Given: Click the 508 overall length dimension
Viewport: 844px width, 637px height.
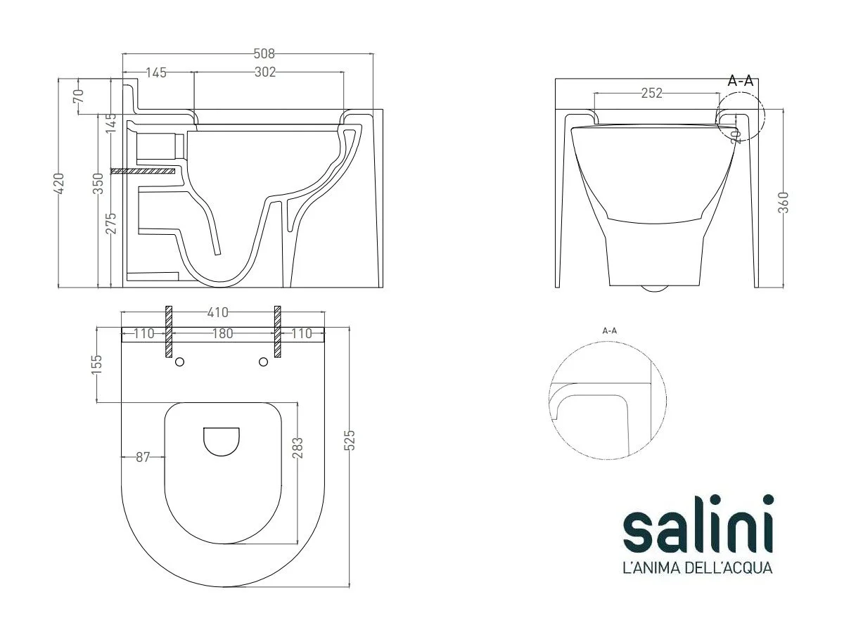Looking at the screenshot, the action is [264, 53].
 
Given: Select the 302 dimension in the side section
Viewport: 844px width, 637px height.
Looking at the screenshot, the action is [265, 72].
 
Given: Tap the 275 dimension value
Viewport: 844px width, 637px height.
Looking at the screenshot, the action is [110, 223].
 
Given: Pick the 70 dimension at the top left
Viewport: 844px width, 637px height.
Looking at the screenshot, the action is [78, 96].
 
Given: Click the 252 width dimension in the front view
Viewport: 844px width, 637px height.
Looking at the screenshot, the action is [652, 93].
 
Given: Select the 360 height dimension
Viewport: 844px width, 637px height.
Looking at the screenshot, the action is [784, 202].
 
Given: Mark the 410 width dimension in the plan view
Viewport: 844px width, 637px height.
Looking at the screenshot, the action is [217, 312].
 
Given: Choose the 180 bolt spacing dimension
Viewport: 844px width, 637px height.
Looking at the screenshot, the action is [223, 333].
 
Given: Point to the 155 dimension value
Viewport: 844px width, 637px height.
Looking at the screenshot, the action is [97, 362].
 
